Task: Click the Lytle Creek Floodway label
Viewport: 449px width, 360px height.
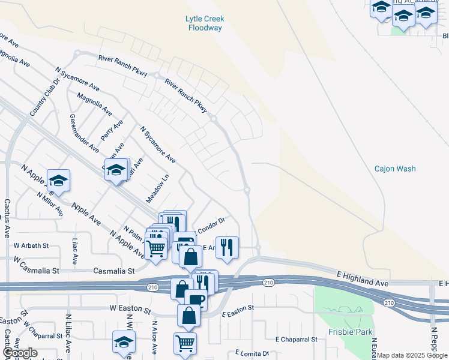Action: click(205, 23)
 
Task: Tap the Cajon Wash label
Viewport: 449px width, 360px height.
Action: click(395, 169)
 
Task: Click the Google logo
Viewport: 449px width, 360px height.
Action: click(20, 353)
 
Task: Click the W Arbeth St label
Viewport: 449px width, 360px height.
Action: click(31, 245)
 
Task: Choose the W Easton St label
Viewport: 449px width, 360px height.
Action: click(130, 308)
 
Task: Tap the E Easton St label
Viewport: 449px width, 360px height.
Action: click(238, 311)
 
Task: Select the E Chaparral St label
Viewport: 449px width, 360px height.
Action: click(296, 339)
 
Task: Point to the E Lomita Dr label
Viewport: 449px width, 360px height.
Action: click(252, 353)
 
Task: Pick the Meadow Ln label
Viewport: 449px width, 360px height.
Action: click(158, 188)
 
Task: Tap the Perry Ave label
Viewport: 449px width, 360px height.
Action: click(112, 130)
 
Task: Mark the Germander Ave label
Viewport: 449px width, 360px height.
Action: click(84, 132)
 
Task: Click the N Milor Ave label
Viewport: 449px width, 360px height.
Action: click(50, 205)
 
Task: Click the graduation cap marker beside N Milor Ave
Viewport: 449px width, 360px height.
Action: click(58, 179)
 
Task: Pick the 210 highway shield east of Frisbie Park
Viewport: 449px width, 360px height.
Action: click(389, 303)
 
